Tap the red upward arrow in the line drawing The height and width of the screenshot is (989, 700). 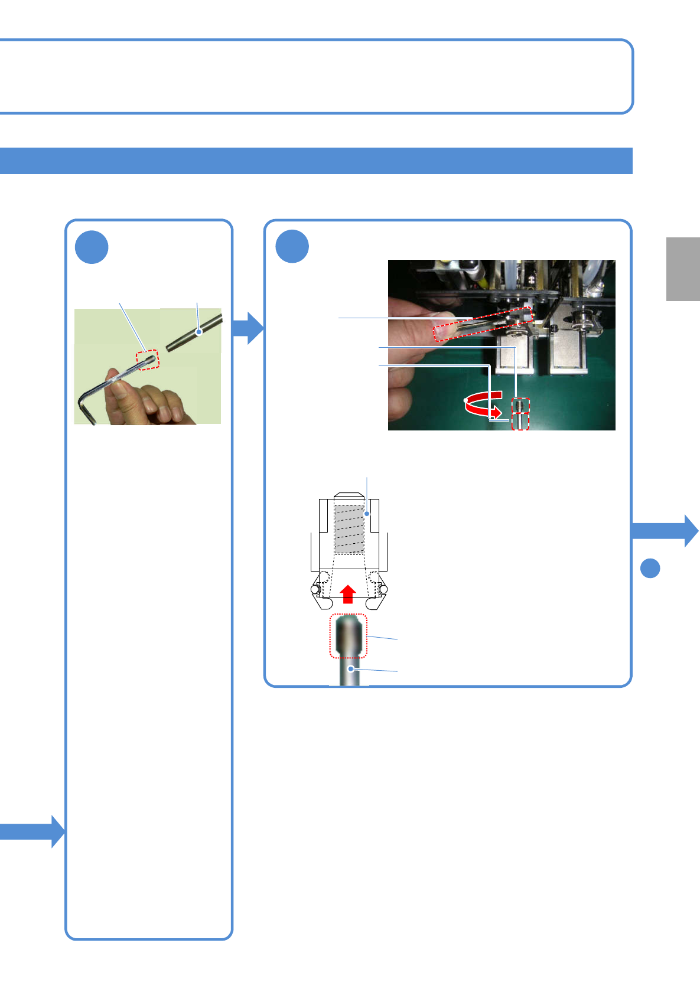349,594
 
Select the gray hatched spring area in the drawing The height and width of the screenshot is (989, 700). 349,529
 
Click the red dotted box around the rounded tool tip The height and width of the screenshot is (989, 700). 349,636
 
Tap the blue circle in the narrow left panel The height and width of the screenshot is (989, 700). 92,247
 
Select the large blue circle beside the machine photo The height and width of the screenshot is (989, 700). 292,247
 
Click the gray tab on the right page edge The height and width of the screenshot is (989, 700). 683,269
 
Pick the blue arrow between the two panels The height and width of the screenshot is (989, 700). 248,327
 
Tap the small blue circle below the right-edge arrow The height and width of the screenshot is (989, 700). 650,568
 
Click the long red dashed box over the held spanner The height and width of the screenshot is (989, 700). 483,324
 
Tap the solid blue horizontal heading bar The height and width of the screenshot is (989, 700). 316,161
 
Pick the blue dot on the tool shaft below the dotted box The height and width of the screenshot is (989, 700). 351,669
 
